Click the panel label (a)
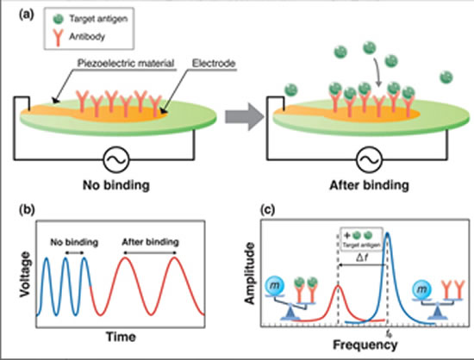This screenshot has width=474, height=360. click(27, 15)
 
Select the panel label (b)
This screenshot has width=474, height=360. click(27, 209)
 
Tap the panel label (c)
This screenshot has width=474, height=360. click(268, 209)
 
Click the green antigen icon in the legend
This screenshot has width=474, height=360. click(58, 19)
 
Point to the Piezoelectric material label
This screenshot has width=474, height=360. click(126, 63)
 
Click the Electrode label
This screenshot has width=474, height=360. click(214, 63)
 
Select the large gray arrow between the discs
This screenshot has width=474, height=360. click(244, 117)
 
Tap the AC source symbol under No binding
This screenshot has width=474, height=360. click(116, 160)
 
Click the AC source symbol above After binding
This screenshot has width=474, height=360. click(369, 160)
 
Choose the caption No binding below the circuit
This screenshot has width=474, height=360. click(116, 185)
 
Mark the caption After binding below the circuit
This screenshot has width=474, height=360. click(369, 185)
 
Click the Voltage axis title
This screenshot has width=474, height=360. click(25, 274)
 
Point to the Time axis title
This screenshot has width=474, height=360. click(121, 337)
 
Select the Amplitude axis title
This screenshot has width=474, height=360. click(250, 273)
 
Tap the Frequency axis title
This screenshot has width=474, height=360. click(365, 344)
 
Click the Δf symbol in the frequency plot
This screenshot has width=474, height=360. click(362, 258)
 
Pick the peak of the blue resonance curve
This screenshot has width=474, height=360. click(387, 233)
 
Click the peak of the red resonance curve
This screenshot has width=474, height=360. click(339, 286)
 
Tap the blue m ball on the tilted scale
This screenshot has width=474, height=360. click(274, 286)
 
